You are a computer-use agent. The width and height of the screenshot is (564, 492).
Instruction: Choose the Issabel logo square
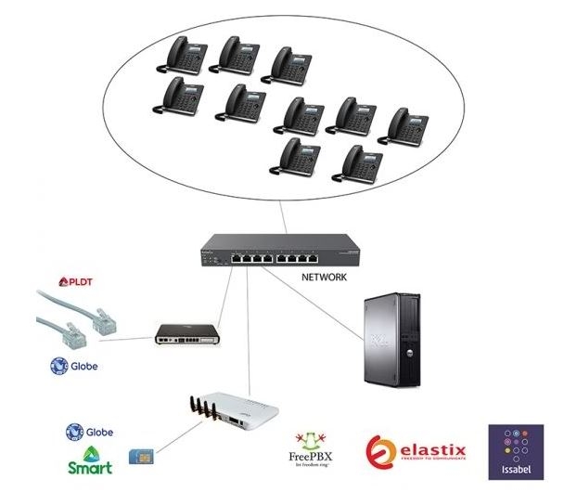click(515, 451)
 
